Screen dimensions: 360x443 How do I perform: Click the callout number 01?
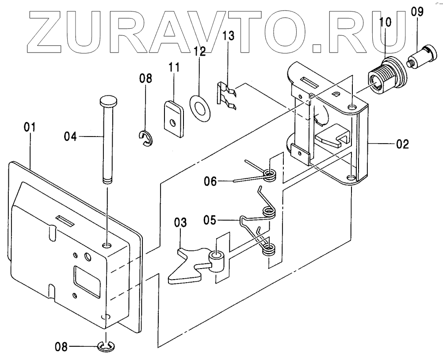tap(30, 128)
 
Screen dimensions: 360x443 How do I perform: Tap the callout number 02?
tap(402, 143)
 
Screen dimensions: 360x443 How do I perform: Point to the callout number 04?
tap(70, 137)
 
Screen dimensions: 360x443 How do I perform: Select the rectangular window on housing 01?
tap(87, 277)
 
